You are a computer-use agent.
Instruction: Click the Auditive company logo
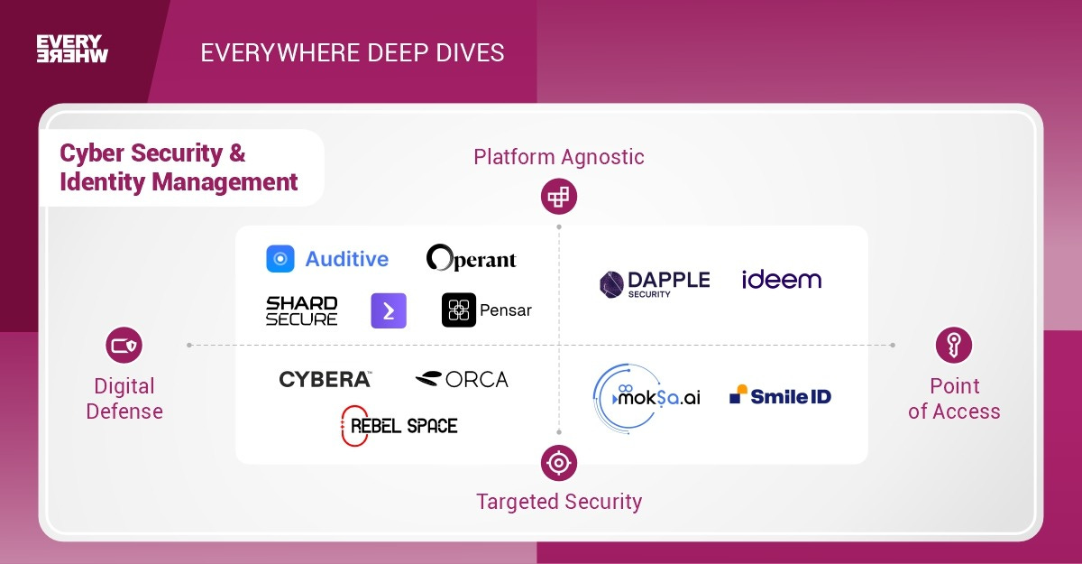click(x=327, y=259)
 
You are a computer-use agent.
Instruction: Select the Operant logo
click(x=472, y=259)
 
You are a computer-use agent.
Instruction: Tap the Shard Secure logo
click(x=301, y=310)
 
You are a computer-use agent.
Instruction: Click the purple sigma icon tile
click(x=389, y=310)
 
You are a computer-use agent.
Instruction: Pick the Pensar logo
click(x=487, y=310)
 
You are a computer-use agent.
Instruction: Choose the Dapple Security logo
click(x=655, y=282)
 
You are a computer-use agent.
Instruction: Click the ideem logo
click(x=782, y=280)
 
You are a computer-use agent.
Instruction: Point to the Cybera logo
click(x=325, y=379)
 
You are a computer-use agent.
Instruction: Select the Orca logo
click(x=462, y=379)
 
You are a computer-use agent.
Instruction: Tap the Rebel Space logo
click(x=399, y=425)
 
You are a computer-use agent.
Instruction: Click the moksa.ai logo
click(x=647, y=395)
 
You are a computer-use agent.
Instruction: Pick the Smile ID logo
click(x=780, y=395)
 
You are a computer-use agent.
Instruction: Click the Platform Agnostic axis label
click(x=559, y=157)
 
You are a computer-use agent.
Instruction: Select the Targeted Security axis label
click(x=559, y=502)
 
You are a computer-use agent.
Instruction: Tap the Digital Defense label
click(x=124, y=399)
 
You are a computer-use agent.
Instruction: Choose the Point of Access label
click(x=954, y=399)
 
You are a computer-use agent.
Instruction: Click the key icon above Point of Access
click(x=954, y=345)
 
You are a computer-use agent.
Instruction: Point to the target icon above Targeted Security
click(x=559, y=463)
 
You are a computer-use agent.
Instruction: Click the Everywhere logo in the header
click(x=72, y=49)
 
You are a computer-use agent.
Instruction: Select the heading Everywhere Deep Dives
click(x=353, y=52)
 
